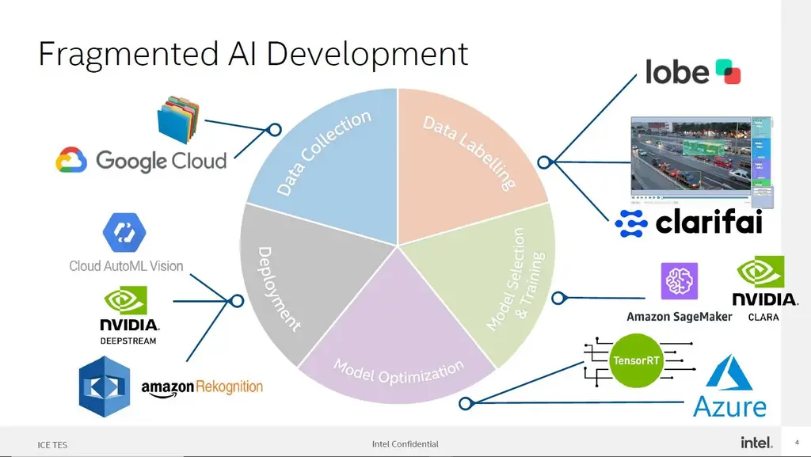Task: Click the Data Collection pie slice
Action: (325, 166)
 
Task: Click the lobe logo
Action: (693, 72)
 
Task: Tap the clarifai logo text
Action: (708, 223)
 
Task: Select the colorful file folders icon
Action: (181, 118)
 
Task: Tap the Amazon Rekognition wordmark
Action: (202, 387)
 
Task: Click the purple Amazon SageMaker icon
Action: (680, 281)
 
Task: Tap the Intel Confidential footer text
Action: (405, 444)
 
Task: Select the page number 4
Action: (796, 442)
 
